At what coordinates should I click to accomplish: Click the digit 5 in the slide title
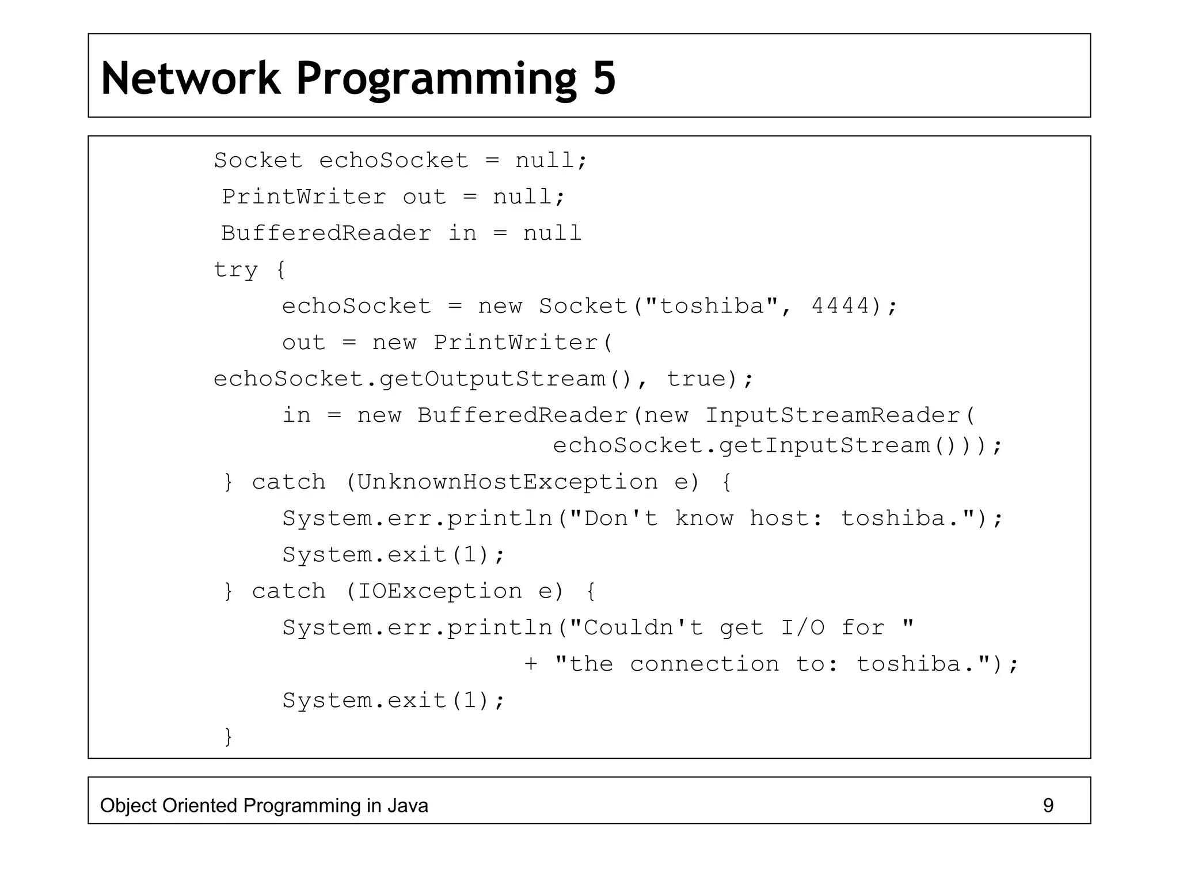604,78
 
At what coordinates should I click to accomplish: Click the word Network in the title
191,78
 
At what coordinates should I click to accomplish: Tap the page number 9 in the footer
1048,805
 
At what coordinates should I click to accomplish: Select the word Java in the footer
408,805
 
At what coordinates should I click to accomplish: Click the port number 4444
841,306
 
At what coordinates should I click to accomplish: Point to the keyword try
236,270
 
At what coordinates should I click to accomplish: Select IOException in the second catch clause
440,591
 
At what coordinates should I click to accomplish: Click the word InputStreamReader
834,415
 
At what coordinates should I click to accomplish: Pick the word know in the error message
704,519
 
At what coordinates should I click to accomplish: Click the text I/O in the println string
803,627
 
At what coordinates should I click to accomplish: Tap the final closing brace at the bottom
229,736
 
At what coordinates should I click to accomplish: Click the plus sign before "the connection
531,664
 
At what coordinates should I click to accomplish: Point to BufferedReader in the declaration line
326,233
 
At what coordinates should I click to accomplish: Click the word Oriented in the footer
200,805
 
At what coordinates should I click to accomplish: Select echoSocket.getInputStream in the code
741,445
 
